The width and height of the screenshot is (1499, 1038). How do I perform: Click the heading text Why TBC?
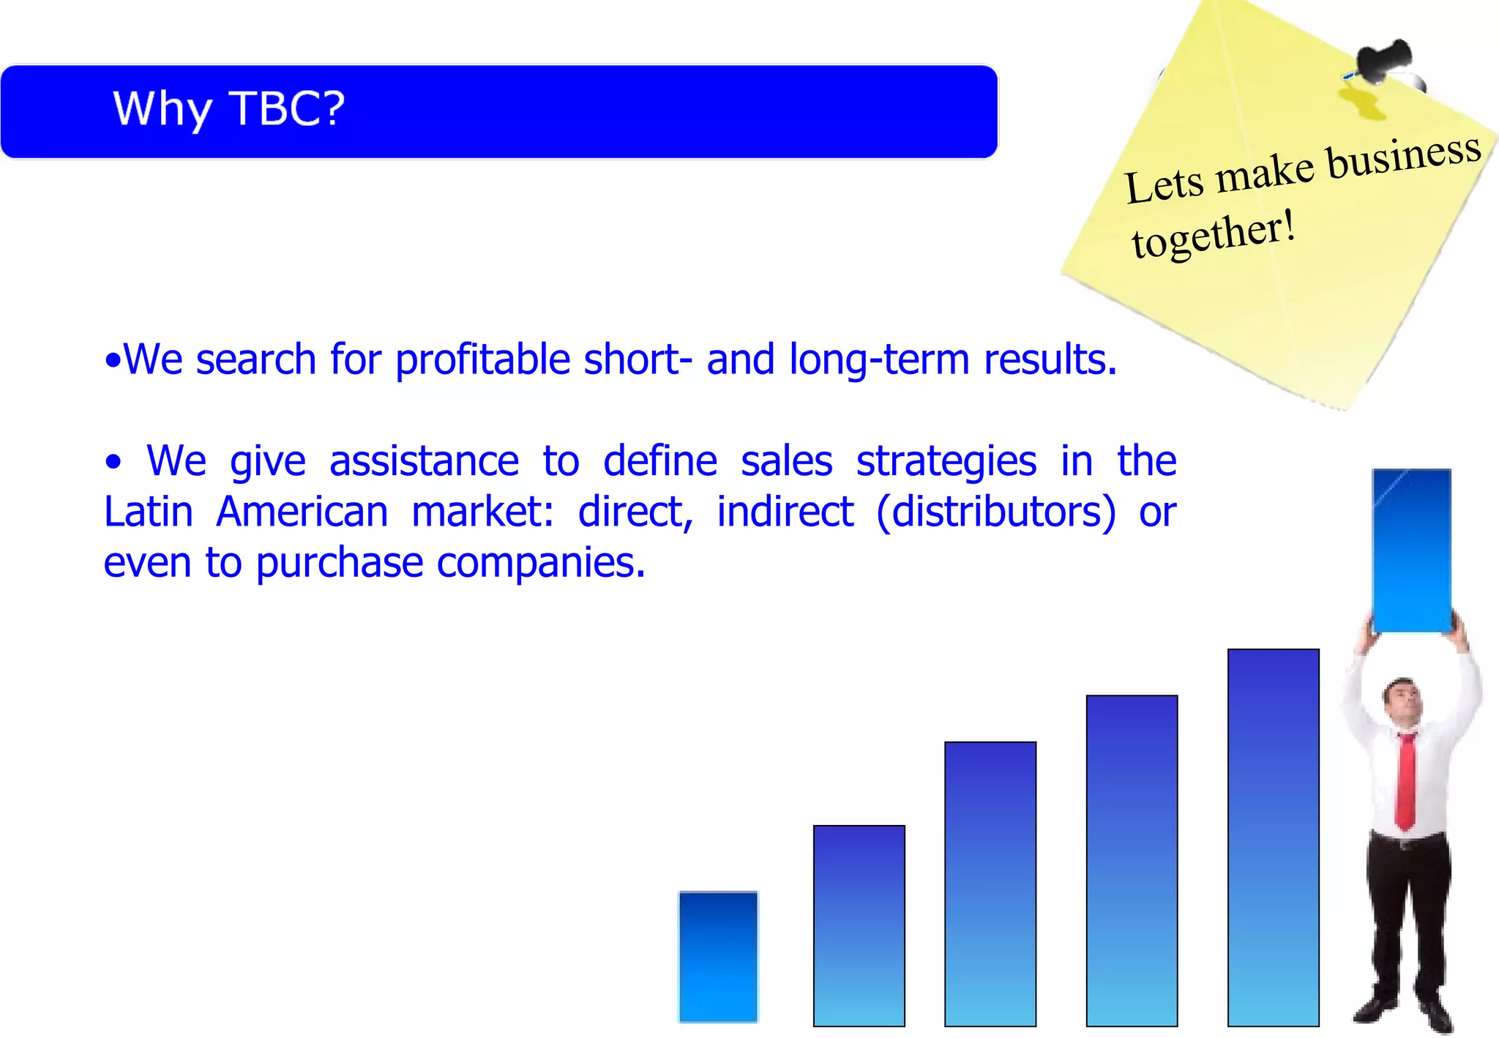click(x=228, y=110)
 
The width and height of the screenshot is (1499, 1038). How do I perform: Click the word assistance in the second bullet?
click(x=424, y=462)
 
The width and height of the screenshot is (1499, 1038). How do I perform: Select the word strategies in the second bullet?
click(x=946, y=462)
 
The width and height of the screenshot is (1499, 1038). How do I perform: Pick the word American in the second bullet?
click(x=302, y=512)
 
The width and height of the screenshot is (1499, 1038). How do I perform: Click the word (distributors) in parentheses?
click(x=995, y=512)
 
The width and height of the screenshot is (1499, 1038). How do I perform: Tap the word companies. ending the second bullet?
click(x=541, y=563)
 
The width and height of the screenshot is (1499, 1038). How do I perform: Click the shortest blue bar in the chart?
click(x=718, y=956)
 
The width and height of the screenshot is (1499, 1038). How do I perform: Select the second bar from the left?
click(x=859, y=925)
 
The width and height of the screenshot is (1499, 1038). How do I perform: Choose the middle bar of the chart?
click(x=990, y=884)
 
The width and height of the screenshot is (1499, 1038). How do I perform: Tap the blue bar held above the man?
click(x=1411, y=550)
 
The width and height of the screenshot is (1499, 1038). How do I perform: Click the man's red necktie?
click(x=1405, y=780)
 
